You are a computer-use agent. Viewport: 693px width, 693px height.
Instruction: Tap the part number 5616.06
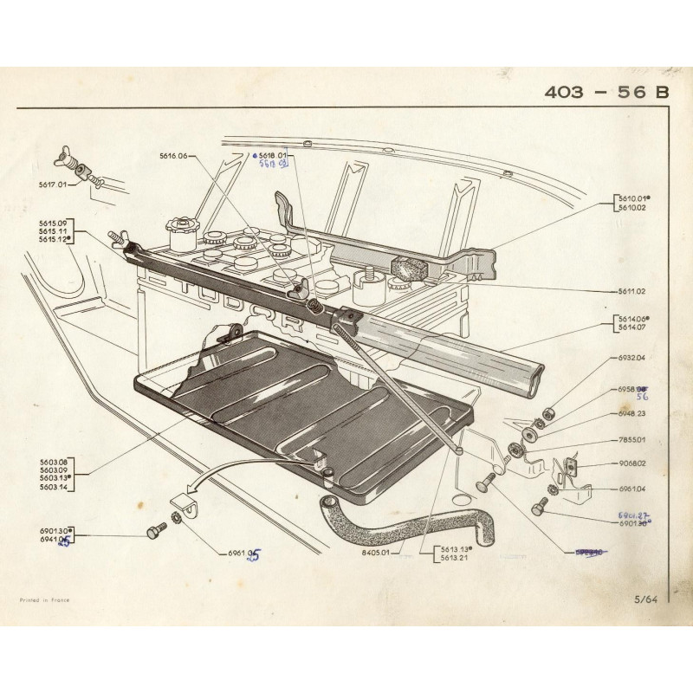tap(172, 156)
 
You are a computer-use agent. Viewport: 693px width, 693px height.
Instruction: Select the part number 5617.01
tap(52, 185)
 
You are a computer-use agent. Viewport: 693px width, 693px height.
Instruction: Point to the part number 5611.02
tap(631, 292)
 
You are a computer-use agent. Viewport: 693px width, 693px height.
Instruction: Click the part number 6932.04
tap(631, 358)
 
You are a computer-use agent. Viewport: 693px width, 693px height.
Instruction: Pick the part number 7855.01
tap(631, 440)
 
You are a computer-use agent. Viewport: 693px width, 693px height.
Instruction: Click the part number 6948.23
tap(631, 414)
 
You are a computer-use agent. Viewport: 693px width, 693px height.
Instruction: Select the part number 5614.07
tap(631, 327)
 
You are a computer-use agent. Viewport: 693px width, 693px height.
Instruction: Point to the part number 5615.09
tap(52, 223)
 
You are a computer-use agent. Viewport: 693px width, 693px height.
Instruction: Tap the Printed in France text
tap(45, 599)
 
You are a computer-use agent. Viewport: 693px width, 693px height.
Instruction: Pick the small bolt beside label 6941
tap(156, 530)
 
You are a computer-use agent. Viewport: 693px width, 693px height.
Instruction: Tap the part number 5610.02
tap(631, 208)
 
